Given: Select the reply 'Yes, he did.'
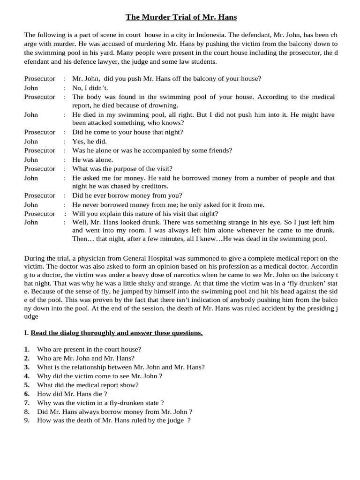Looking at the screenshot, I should [x=90, y=141].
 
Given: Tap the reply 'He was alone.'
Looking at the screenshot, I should [x=92, y=159].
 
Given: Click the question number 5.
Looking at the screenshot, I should [x=27, y=385].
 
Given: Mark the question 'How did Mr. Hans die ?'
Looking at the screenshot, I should [x=72, y=394].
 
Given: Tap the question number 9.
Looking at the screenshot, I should [x=27, y=420].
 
